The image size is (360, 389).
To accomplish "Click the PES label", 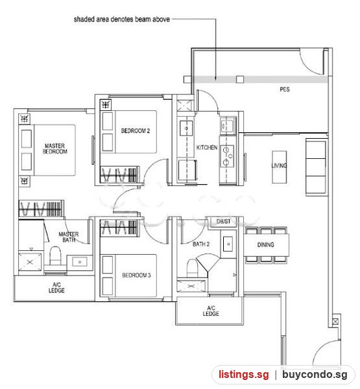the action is point(285,89).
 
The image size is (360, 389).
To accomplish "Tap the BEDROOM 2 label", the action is point(136,131).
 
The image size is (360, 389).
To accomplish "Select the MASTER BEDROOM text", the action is point(55,148).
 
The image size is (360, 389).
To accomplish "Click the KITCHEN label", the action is point(207,148).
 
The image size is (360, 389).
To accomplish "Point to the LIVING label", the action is point(279,165).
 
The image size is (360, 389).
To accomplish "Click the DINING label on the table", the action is point(266,245).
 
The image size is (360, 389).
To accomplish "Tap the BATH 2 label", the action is point(201,244).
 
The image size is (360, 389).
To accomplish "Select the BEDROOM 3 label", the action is point(136,275).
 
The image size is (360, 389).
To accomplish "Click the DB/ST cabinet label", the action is point(223,221).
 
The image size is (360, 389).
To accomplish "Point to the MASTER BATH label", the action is point(69,237).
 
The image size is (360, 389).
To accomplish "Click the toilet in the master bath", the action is point(55,255).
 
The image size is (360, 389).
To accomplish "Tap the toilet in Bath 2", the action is point(192,268).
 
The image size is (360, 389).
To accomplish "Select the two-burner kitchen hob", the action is point(226,156).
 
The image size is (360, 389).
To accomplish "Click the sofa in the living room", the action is point(316,167).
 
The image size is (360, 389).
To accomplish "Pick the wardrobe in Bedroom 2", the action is point(119,175).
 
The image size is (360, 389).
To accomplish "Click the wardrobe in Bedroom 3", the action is point(119,228).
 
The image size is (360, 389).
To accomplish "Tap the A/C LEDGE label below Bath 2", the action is point(211,311).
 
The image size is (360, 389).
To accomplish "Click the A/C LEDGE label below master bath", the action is point(56,287).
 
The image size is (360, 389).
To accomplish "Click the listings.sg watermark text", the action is point(243,374).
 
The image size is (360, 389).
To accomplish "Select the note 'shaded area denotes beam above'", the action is point(122,19).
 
